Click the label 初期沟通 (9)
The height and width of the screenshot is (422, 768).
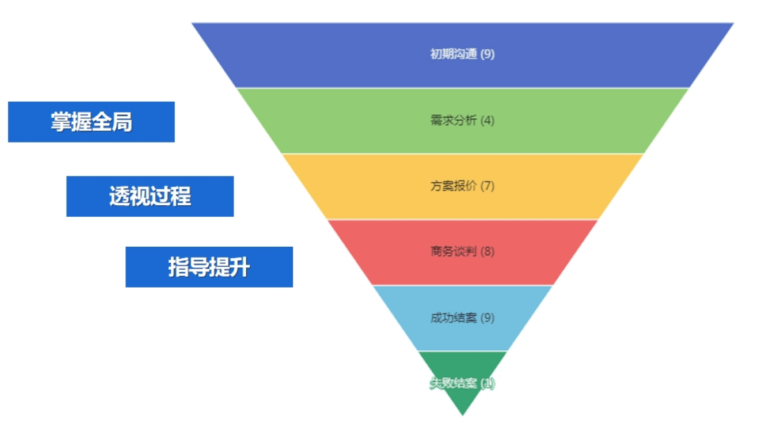click(462, 54)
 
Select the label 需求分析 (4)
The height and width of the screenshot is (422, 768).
click(462, 120)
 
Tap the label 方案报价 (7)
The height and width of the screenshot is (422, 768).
click(462, 186)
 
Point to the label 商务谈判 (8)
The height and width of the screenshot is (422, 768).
click(462, 251)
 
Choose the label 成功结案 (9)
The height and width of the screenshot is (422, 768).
click(462, 317)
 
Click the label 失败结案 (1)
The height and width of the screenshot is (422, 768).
click(462, 384)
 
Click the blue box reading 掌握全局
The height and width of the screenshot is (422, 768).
click(91, 121)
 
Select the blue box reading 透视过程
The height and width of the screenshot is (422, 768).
click(150, 196)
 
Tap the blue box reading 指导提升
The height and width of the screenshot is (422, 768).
click(208, 267)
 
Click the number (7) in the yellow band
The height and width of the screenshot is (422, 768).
click(487, 186)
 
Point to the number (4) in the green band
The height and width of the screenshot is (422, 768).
click(487, 120)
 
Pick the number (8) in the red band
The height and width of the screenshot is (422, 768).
click(487, 251)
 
